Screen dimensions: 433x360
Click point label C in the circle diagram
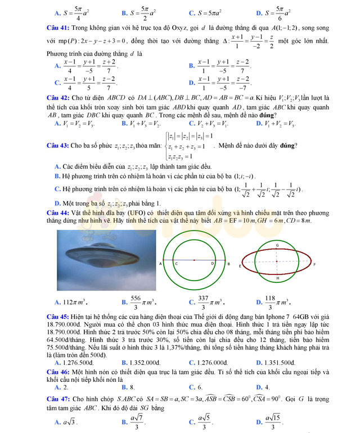point(175,263)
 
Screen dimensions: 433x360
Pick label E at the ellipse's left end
point(240,265)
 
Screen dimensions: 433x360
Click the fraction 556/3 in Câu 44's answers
point(136,302)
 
